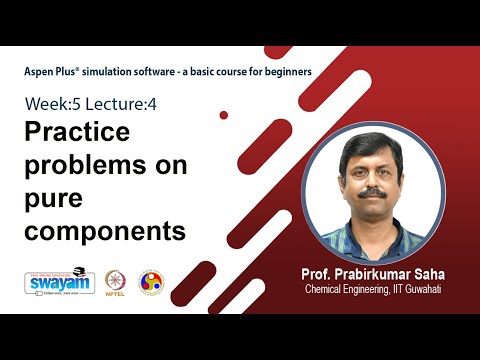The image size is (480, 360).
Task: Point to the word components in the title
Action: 105,231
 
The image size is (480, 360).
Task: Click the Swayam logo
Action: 59,283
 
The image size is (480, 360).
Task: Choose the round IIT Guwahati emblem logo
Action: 149,283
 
